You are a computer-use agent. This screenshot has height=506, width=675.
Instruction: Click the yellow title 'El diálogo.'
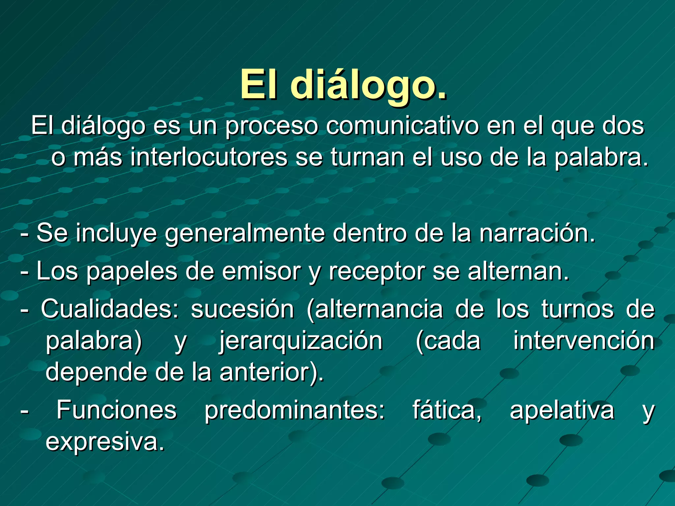coord(343,85)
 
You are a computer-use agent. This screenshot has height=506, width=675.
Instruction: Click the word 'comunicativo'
coord(402,126)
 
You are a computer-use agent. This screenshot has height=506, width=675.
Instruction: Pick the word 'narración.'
coord(537,233)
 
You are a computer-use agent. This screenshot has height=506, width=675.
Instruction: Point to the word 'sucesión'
coord(242,310)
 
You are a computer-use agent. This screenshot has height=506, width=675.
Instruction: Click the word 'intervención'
coord(584,341)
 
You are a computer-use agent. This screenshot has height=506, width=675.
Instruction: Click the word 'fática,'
coord(447,410)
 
